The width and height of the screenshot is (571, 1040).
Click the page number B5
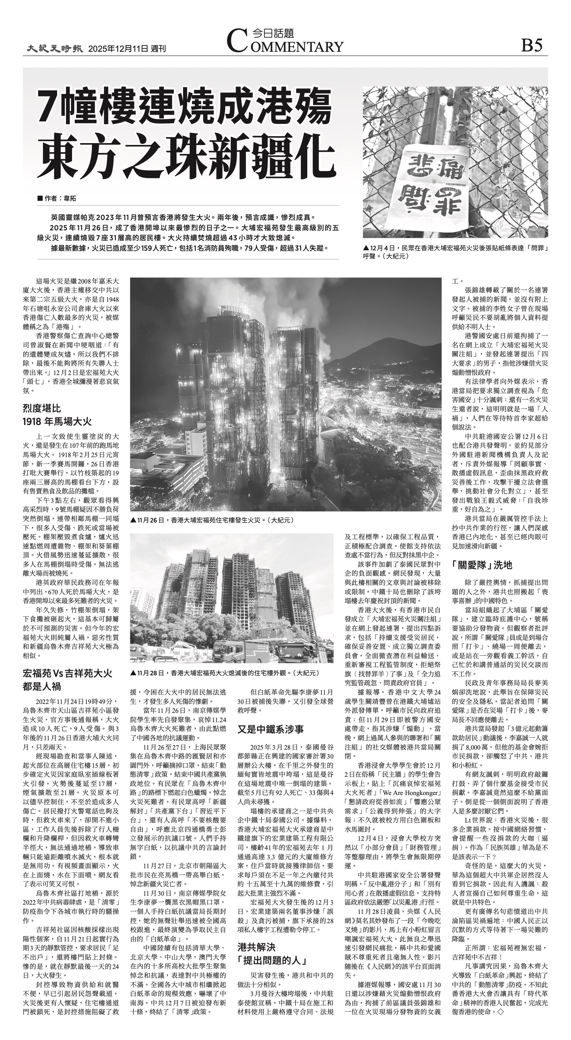point(531,45)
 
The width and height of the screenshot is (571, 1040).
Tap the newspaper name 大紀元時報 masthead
point(55,49)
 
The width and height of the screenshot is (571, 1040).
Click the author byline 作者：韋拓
point(57,198)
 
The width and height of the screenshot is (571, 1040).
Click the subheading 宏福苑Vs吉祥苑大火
point(67,674)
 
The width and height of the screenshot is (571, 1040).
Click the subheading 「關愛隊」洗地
point(482,565)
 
